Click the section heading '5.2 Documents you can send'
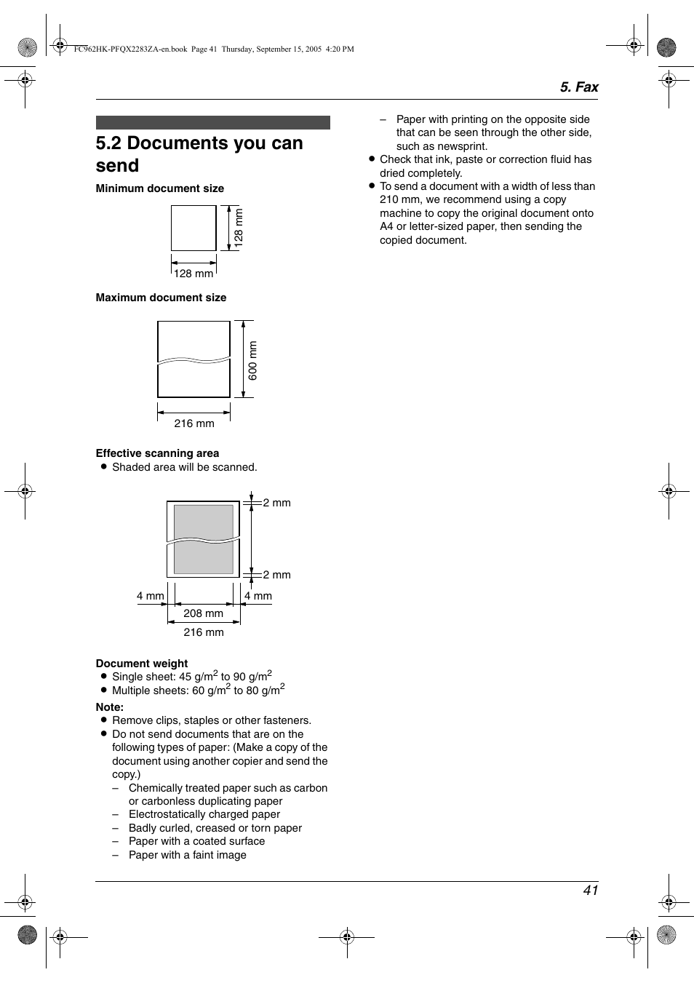coord(199,154)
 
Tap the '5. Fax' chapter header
coord(578,87)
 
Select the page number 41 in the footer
coord(590,890)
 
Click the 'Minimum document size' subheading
coord(159,188)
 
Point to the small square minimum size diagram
coord(194,228)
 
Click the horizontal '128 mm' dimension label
coord(194,274)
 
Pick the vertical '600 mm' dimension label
coord(253,360)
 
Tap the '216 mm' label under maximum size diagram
coord(194,423)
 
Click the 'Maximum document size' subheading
coord(161,298)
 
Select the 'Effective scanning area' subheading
coord(157,453)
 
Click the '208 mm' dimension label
coord(203,613)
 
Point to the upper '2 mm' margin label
coord(276,503)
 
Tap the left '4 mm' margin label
coord(150,596)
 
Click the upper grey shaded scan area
coord(204,521)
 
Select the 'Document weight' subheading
coord(142,664)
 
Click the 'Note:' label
coord(110,707)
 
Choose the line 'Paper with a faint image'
coord(187,855)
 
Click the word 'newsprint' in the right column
coord(462,146)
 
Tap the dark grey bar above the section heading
coord(212,122)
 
